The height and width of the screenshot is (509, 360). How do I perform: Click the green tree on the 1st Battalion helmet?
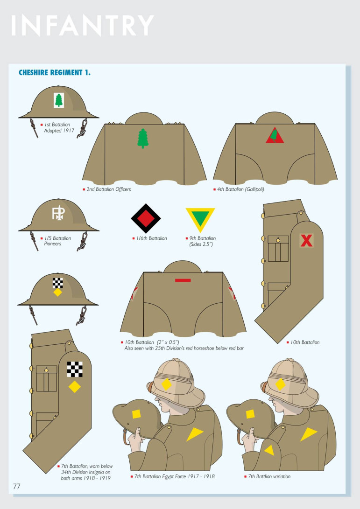[59, 100]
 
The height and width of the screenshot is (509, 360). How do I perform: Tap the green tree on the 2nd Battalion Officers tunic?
[143, 139]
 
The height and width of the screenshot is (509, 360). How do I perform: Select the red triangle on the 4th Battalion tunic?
[275, 135]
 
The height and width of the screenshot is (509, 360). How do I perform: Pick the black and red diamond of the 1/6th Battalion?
[146, 218]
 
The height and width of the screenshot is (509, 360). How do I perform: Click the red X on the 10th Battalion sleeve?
[306, 241]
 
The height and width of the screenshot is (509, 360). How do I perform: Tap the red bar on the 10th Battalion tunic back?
[183, 280]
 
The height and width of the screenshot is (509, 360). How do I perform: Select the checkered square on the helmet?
[58, 283]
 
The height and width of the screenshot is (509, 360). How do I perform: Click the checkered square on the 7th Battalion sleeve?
[75, 370]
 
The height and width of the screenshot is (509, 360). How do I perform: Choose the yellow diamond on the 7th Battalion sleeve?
[74, 387]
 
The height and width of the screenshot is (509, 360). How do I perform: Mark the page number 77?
[16, 486]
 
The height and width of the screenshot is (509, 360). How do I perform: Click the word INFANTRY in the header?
[83, 25]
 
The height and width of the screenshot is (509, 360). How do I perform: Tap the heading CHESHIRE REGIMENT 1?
[55, 72]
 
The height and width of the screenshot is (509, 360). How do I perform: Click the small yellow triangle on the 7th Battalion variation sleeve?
[269, 450]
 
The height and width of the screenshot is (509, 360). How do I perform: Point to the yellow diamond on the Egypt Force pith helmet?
[166, 384]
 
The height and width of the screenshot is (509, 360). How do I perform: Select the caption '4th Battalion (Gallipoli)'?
[240, 189]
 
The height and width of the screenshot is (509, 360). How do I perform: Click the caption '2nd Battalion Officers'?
[108, 189]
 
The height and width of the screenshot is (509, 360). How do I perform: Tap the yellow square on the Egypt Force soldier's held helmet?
[136, 414]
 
